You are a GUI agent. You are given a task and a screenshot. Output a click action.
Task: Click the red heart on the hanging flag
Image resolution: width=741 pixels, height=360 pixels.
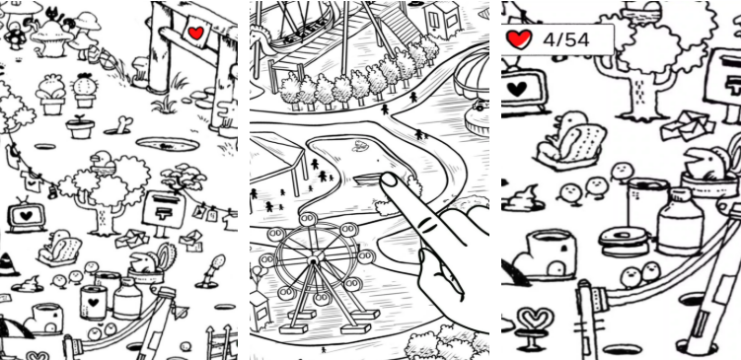point(195,33)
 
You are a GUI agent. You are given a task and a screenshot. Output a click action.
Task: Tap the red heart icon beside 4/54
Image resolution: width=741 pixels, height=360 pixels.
point(519,39)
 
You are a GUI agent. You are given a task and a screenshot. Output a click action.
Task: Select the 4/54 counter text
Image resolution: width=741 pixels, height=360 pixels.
point(566,39)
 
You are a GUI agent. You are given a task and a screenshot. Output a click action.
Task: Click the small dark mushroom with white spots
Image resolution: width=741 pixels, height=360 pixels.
point(15,36)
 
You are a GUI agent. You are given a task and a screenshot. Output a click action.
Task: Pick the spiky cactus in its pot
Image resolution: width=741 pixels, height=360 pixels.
point(85,90)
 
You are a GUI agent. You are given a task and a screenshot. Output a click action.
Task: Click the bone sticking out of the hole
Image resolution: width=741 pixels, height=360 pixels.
point(123,124)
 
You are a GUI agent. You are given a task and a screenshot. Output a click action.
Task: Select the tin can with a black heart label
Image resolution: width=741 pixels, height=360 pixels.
point(93,303)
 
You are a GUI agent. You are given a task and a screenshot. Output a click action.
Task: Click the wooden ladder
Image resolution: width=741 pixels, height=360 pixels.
point(221,342)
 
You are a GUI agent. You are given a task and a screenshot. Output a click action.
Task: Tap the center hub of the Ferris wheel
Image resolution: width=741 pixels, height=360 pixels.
point(312,260)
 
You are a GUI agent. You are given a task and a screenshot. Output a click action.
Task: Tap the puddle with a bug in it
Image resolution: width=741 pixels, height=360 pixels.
point(169,145)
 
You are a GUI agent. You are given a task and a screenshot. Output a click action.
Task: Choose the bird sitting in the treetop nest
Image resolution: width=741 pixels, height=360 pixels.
point(101,162)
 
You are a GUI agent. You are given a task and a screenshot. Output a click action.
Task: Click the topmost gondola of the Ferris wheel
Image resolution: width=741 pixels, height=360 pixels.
point(309,219)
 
